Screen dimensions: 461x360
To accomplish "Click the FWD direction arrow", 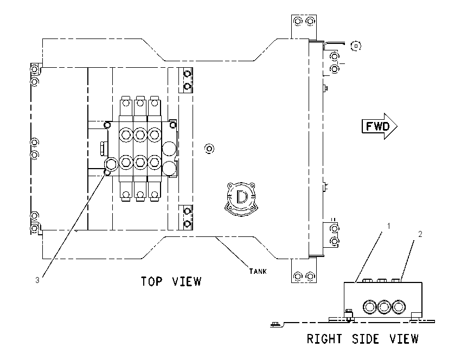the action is [379, 126].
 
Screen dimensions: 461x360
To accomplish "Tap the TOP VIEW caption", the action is [171, 281].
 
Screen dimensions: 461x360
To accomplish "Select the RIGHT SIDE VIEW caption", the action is [362, 339].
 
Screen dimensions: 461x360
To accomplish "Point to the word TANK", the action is [258, 271].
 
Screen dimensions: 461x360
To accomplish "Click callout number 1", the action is [389, 226].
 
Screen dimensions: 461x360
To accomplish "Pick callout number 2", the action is [420, 234].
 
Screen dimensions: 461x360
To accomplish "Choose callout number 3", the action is [37, 280].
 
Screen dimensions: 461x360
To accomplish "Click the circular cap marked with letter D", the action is [242, 197].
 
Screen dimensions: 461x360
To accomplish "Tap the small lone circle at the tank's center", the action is [209, 149].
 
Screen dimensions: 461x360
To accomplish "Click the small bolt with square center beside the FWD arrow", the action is [356, 46].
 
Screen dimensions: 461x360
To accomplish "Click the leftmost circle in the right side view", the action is [369, 307].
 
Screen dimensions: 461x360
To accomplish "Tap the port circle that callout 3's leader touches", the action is [111, 164].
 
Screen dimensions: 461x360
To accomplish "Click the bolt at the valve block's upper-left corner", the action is [107, 125].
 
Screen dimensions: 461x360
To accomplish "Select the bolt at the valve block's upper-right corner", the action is [173, 125].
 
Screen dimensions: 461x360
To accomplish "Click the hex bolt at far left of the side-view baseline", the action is [276, 324].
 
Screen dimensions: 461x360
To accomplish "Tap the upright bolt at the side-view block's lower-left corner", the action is [349, 314].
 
